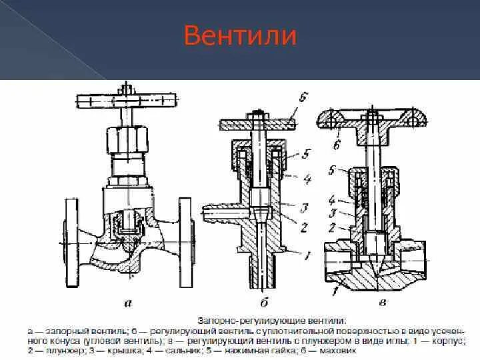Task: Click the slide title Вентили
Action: [240, 35]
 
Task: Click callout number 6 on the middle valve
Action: [303, 98]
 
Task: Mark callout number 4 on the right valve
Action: [331, 199]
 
